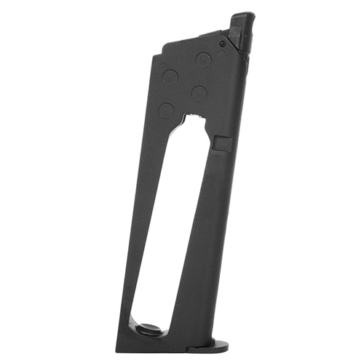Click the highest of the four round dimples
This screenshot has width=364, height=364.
coord(204,60)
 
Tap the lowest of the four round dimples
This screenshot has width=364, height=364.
coord(167,111)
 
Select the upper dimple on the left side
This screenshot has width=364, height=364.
coord(170,77)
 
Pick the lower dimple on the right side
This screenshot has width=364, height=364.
coord(199,93)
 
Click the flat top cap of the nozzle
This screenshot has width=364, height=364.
coord(243,16)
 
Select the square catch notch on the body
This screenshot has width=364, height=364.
coord(223,142)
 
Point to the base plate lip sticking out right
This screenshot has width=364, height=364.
coord(218,342)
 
